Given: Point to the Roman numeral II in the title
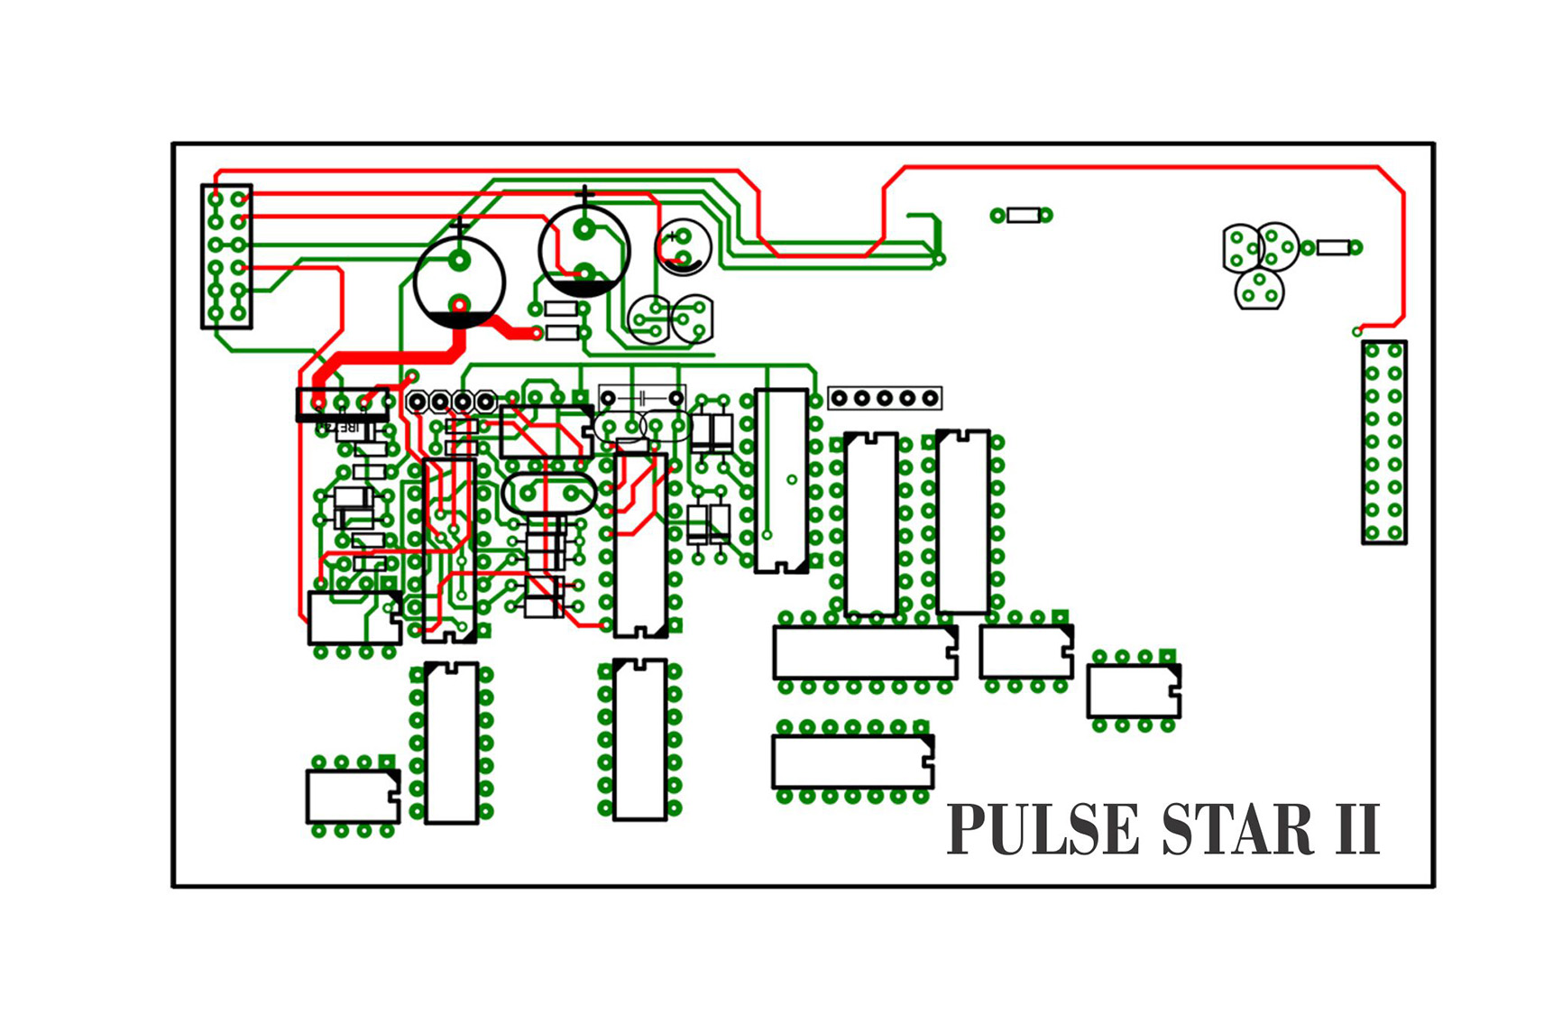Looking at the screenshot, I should click(1356, 829).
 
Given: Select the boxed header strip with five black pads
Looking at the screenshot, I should click(885, 398).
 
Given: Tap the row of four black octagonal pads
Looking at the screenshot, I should click(451, 401).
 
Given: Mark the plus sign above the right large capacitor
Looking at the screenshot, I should click(585, 194).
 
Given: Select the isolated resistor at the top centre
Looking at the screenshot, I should click(1022, 215).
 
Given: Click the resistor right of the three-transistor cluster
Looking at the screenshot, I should click(1333, 247).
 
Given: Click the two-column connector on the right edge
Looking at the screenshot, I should click(1383, 442).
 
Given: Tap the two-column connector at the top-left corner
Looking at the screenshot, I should click(226, 256).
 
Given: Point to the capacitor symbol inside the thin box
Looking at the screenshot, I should click(642, 398).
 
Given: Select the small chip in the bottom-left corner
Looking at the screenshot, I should click(354, 796).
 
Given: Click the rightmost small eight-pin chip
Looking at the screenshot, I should click(1134, 691).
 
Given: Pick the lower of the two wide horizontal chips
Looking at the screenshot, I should click(852, 761).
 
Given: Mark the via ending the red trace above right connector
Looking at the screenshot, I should click(1357, 332).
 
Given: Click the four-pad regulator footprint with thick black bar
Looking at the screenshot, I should click(343, 404).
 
